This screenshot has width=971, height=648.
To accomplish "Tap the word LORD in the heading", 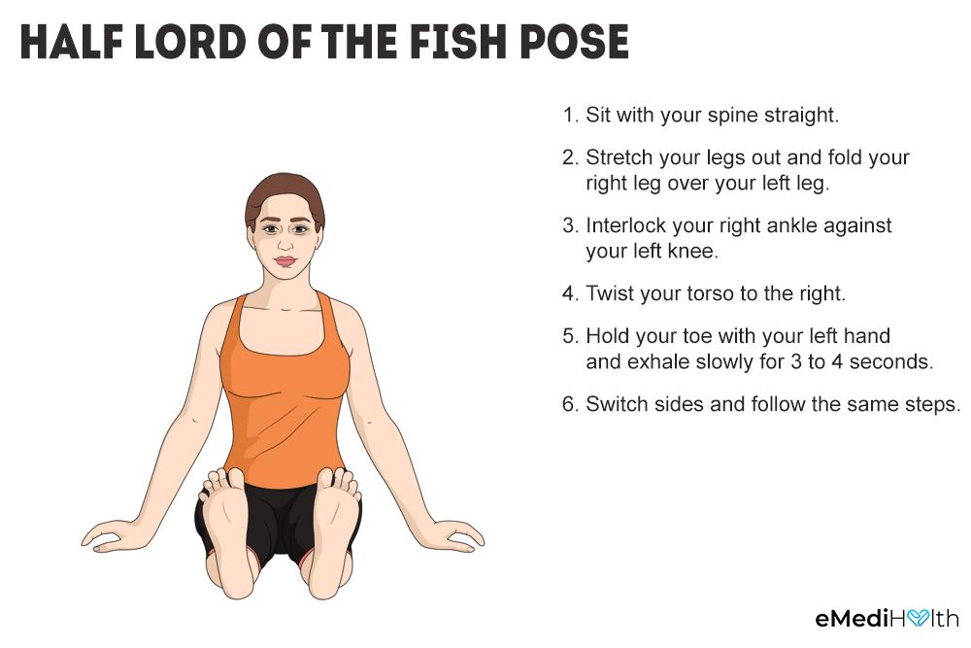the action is tap(190, 42).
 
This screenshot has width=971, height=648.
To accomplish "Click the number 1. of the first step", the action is tap(570, 115).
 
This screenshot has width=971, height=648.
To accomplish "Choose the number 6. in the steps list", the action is tap(570, 404).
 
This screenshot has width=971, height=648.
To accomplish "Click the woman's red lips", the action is tap(285, 261).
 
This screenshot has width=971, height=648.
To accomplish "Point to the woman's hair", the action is tap(285, 193).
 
